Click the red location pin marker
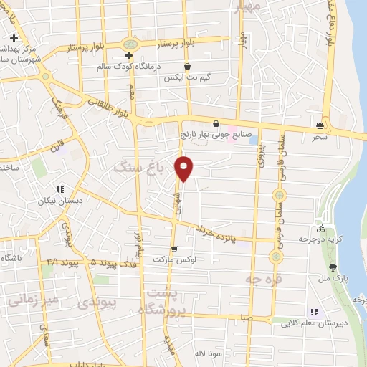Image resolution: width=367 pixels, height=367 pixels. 185,168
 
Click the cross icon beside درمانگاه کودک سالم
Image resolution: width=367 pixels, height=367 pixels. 128,55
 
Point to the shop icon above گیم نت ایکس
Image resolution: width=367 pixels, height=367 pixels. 187,66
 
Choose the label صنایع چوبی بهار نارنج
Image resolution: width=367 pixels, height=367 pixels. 216,134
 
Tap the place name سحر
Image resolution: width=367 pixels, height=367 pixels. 320,135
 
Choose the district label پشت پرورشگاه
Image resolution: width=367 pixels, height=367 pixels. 166,301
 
